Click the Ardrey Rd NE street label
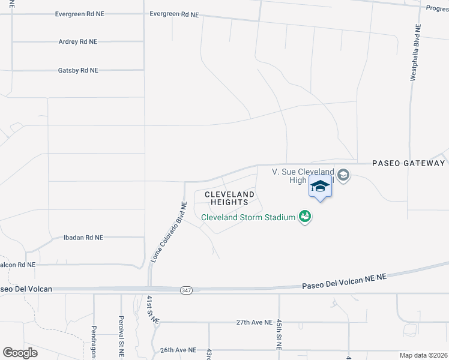(78, 41)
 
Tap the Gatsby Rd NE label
(78, 70)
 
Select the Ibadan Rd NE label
(83, 238)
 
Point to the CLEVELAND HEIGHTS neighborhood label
(229, 199)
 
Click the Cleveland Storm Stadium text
(248, 217)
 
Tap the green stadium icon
(305, 217)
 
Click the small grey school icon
(343, 176)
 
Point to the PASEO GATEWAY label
(409, 163)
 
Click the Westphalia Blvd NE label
(414, 53)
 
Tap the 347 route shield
(186, 290)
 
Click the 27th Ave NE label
(255, 322)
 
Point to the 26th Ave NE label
(178, 350)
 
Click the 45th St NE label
(279, 334)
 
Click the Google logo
(20, 353)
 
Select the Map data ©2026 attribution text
(423, 355)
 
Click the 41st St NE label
(151, 310)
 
